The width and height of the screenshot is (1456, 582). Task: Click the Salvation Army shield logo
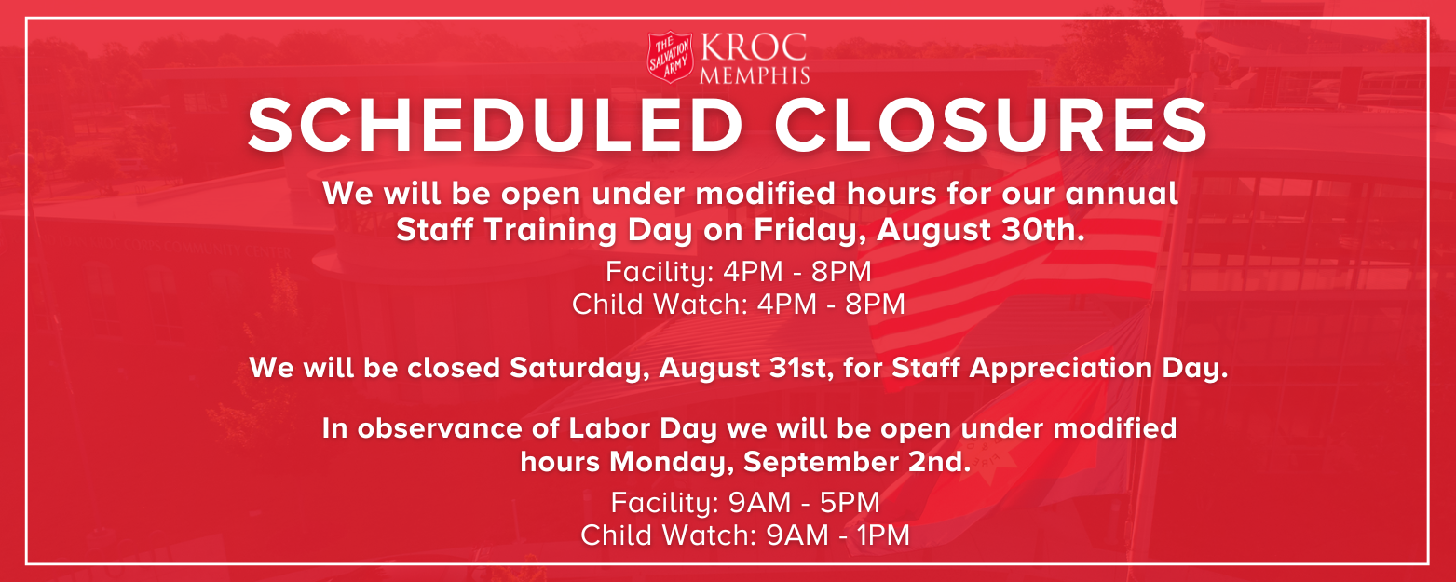click(x=672, y=58)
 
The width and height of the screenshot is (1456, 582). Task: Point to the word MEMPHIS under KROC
click(x=754, y=74)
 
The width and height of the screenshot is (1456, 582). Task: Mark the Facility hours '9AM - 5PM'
click(x=805, y=503)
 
